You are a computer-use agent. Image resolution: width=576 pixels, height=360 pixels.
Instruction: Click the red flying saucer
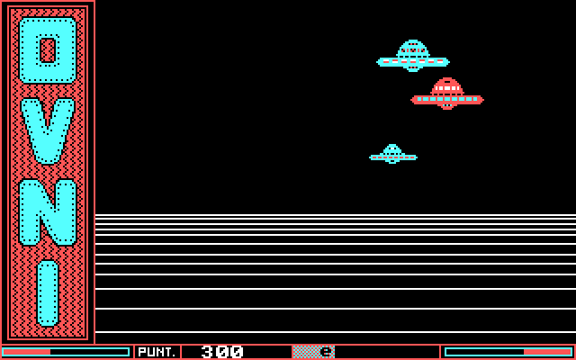point(447,95)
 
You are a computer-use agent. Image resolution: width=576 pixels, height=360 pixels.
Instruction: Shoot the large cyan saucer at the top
point(413,58)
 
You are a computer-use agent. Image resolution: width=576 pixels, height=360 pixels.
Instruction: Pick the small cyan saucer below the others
point(392,155)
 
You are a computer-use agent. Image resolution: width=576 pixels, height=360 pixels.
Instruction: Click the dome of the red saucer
point(447,85)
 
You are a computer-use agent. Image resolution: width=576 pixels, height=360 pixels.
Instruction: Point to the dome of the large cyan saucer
point(413,47)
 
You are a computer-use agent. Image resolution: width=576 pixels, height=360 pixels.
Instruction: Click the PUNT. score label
point(157,352)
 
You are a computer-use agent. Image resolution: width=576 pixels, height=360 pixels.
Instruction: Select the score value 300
point(221,352)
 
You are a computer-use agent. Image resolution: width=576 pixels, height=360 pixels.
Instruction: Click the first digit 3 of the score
point(208,352)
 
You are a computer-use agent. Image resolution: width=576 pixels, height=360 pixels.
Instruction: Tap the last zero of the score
point(237,352)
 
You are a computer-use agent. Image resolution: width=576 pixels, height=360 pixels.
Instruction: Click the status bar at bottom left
point(66,352)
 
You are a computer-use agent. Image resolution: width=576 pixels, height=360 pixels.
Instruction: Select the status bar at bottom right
point(508,352)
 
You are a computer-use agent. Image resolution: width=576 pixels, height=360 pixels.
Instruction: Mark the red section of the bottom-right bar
point(559,352)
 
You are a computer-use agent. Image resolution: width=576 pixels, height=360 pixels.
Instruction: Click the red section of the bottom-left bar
point(27,352)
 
